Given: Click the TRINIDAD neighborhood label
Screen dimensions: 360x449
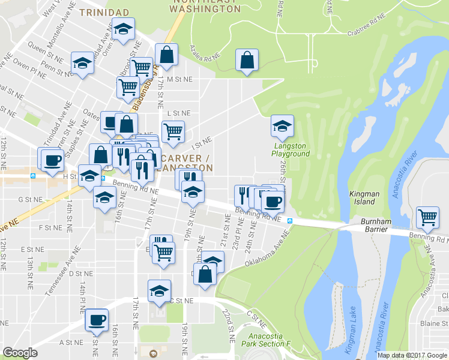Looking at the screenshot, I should [x=104, y=12].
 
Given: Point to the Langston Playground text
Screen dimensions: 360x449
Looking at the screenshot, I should [x=291, y=149].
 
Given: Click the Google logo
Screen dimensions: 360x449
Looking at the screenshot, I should [x=20, y=353].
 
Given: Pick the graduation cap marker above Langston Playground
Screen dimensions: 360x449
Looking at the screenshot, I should [x=282, y=126].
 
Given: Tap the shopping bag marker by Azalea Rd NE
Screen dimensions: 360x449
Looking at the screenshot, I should [x=247, y=60].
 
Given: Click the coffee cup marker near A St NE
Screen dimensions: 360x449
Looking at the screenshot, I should [x=97, y=319].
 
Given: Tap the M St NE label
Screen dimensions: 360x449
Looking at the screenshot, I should [x=179, y=79].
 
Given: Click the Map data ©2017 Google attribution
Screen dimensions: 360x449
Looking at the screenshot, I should [x=412, y=355].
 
